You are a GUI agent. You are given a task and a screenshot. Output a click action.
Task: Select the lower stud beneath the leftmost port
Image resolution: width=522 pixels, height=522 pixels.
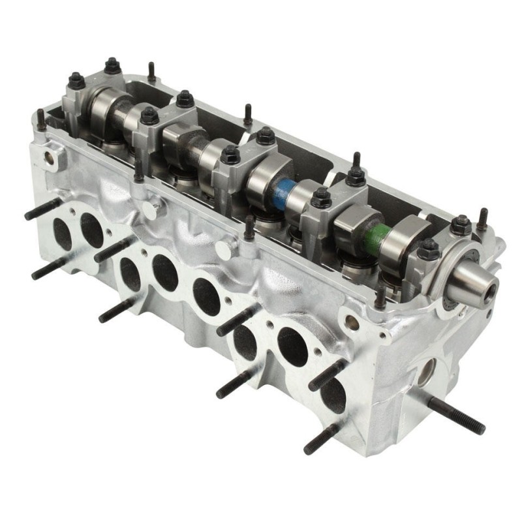click(49, 268)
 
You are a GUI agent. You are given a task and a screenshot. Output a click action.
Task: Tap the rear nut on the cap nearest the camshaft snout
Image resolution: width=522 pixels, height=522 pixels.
click(461, 224)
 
